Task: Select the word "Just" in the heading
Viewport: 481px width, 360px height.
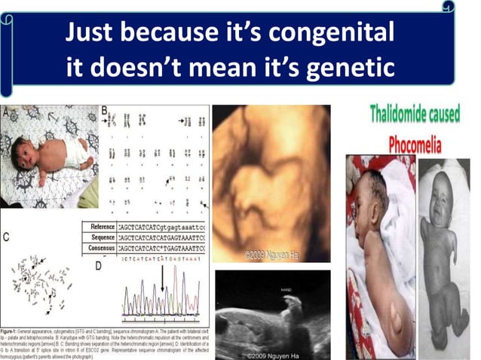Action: coord(93,33)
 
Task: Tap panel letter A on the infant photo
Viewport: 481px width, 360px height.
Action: coord(7,111)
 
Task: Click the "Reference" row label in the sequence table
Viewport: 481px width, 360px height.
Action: coord(102,227)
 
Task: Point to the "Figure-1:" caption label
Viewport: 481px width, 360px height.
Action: coord(14,331)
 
